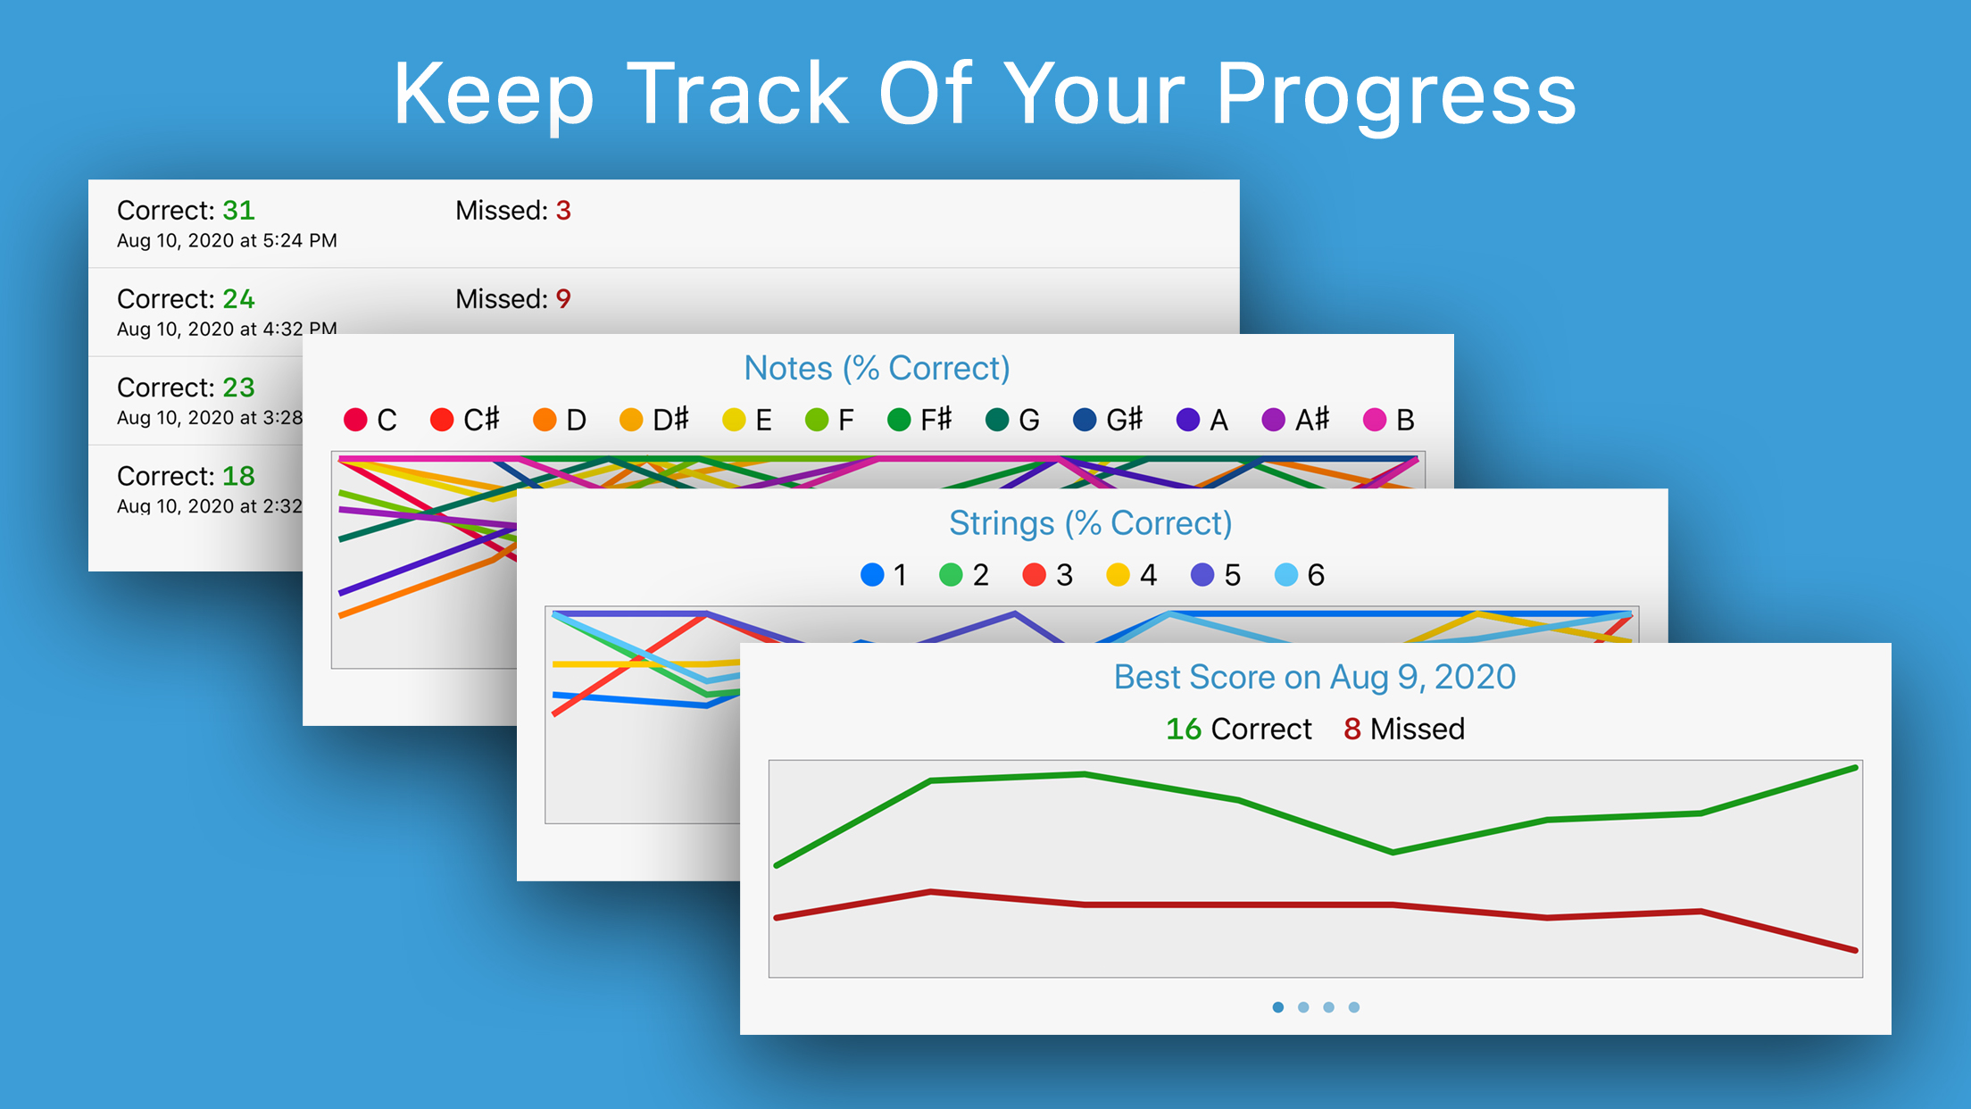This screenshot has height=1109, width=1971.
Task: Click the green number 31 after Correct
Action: [x=238, y=211]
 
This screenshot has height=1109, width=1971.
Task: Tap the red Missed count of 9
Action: [x=563, y=299]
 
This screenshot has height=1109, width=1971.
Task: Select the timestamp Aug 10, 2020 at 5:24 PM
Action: [x=227, y=241]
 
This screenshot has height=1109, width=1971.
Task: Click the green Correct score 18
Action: [x=238, y=476]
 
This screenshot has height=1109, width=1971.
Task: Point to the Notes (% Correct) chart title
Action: [x=877, y=369]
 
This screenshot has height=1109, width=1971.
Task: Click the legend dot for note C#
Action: [x=442, y=420]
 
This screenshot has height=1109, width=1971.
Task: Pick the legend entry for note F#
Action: [x=919, y=420]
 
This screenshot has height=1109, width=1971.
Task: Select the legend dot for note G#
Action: [x=1085, y=420]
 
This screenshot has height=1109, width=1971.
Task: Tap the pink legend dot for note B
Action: [x=1375, y=420]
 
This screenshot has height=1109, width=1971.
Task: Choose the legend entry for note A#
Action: [x=1295, y=420]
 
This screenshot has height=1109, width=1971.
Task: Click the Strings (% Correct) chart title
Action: [x=1090, y=523]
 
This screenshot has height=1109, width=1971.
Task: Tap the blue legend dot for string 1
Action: [x=872, y=575]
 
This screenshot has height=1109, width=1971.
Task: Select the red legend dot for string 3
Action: [x=1034, y=575]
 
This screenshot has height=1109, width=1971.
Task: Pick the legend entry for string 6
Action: [x=1300, y=575]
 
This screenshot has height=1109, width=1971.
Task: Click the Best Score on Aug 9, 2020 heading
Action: [x=1315, y=678]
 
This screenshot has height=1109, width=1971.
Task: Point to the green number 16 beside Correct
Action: [x=1184, y=730]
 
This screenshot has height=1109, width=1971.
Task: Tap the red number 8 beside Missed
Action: [x=1352, y=730]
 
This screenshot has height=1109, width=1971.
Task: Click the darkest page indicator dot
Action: [x=1278, y=1007]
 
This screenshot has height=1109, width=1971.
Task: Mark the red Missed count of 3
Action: [x=563, y=211]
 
